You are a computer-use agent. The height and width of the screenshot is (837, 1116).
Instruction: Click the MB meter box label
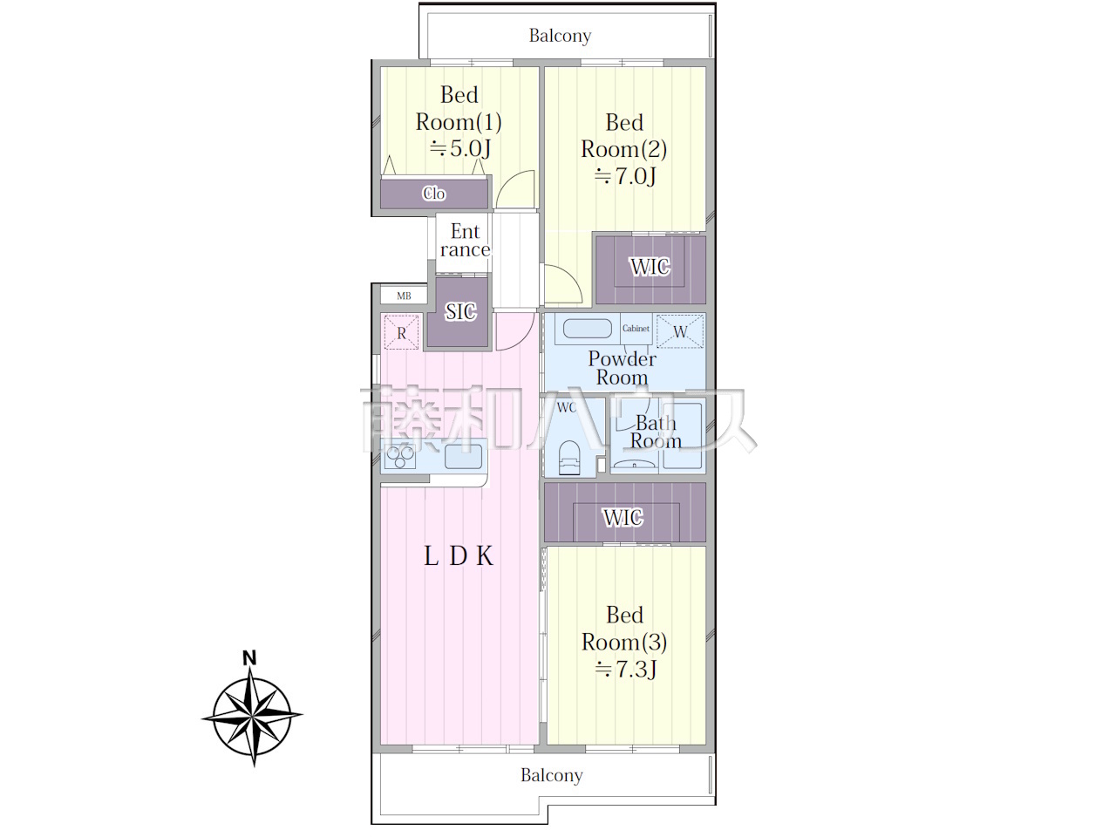click(404, 296)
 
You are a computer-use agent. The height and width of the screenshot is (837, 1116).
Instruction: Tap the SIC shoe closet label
click(460, 311)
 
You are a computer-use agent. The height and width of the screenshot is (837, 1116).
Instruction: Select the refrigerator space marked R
click(402, 332)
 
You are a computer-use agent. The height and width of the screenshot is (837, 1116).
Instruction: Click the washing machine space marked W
click(680, 331)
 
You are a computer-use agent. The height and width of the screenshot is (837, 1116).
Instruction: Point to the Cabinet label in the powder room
click(636, 329)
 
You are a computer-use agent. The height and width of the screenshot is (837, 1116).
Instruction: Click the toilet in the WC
click(569, 459)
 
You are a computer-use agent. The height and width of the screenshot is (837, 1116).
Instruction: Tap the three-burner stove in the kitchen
click(400, 457)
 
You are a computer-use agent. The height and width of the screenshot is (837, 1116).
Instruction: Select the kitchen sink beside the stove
click(463, 456)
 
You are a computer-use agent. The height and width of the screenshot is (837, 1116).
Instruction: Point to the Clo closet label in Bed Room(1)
click(434, 194)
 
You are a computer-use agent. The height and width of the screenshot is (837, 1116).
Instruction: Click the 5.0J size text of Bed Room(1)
click(460, 148)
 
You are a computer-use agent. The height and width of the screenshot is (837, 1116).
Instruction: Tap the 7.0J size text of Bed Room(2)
click(625, 176)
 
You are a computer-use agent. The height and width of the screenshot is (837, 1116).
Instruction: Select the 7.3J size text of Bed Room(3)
click(626, 669)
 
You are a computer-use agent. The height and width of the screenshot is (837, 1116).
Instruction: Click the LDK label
click(459, 556)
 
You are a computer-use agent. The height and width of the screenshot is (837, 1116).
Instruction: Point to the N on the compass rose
click(249, 658)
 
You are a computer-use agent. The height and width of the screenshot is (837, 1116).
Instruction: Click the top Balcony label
click(560, 36)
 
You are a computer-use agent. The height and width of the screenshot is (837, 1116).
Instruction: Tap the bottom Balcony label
click(552, 775)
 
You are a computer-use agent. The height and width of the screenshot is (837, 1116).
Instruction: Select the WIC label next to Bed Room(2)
click(650, 267)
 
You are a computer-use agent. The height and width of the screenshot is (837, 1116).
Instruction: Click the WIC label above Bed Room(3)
click(623, 518)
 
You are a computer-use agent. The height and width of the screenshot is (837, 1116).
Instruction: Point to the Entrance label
click(466, 241)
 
